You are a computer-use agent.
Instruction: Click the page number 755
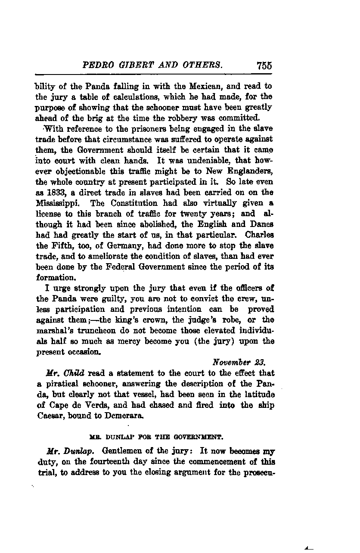[x=264, y=65]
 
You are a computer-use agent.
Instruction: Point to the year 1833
[x=54, y=192]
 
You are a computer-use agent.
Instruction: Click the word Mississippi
[x=55, y=203]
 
